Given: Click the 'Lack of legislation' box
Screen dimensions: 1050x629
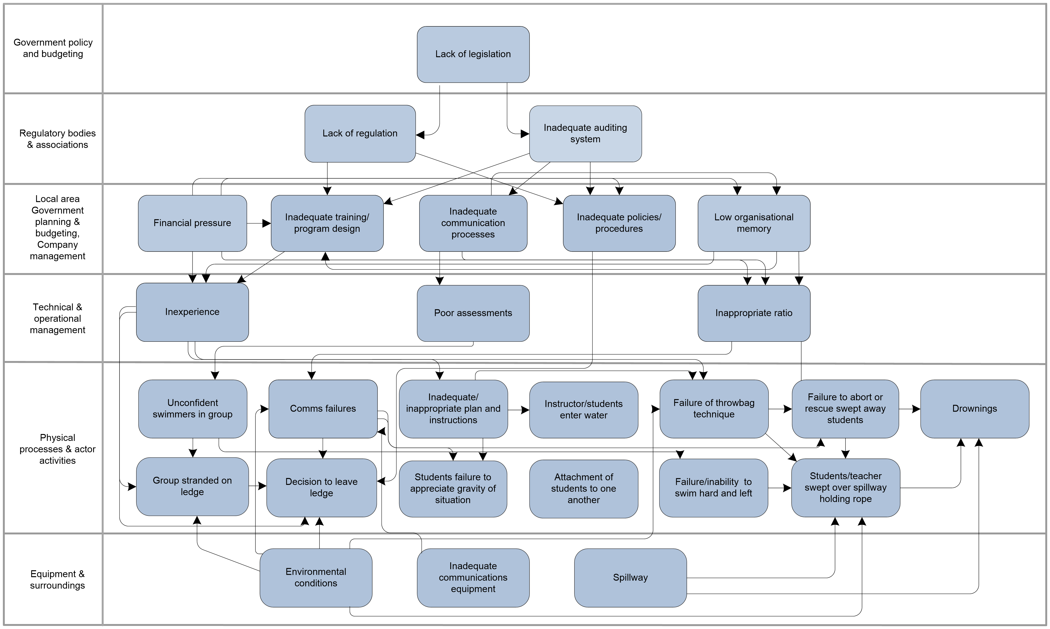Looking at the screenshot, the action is pos(473,54).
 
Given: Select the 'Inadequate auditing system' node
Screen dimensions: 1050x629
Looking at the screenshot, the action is pos(586,133).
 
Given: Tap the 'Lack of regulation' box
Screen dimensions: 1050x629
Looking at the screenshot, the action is pos(360,133).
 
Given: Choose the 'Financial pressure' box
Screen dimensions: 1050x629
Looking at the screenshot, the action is pos(192,223).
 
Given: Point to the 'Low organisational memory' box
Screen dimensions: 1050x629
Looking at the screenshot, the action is pos(754,223).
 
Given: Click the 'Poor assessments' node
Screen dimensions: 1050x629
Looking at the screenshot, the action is pos(473,313).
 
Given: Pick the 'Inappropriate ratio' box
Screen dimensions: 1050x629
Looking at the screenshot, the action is pos(754,313).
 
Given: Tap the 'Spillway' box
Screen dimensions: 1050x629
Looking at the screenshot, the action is pos(630,578).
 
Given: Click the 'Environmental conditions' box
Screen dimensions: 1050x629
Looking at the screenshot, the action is pos(316,578).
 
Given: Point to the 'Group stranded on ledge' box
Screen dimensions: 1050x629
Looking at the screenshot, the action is pos(192,487).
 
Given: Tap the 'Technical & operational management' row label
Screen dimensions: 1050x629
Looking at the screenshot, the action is pos(57,318).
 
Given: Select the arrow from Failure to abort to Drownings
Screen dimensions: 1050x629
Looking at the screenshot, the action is pos(909,409).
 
